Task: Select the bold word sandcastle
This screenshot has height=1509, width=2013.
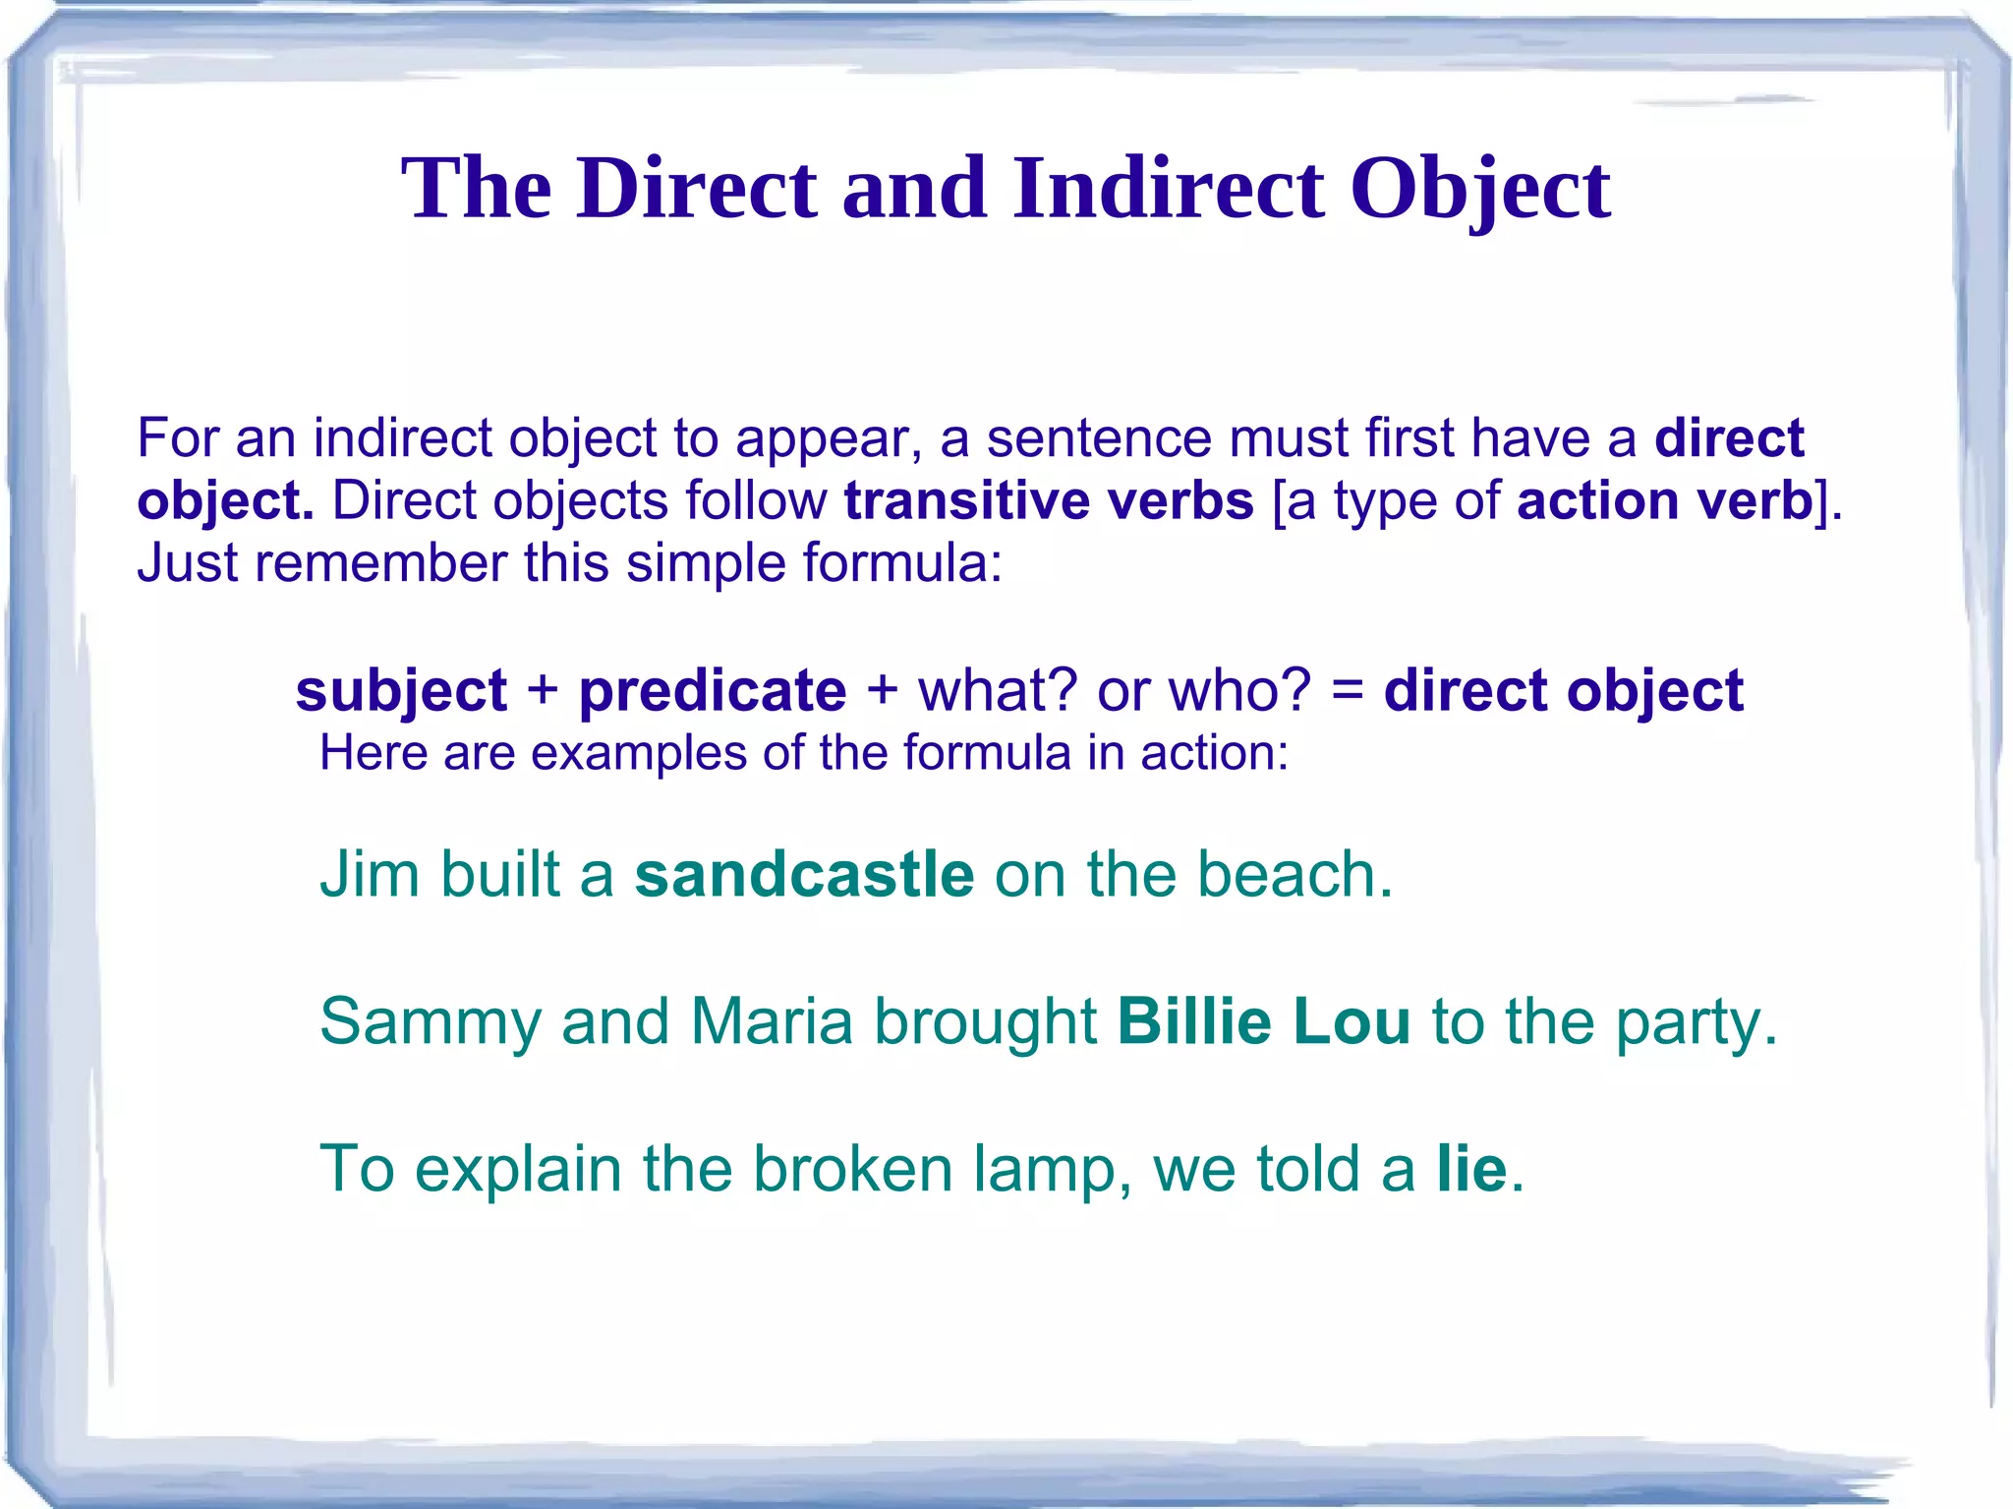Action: pyautogui.click(x=804, y=874)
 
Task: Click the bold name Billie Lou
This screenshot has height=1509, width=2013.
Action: pyautogui.click(x=1264, y=1021)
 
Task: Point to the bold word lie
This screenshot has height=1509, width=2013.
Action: pyautogui.click(x=1471, y=1169)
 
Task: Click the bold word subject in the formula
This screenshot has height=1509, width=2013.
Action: pyautogui.click(x=401, y=690)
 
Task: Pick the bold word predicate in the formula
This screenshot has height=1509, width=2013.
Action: pyautogui.click(x=713, y=690)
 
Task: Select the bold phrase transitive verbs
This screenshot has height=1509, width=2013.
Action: pyautogui.click(x=1049, y=500)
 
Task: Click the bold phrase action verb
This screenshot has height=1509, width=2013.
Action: pyautogui.click(x=1664, y=500)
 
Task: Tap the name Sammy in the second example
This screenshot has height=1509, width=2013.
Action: pyautogui.click(x=431, y=1021)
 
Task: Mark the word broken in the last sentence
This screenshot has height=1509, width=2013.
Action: pyautogui.click(x=853, y=1169)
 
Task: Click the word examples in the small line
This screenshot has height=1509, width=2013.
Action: pyautogui.click(x=639, y=753)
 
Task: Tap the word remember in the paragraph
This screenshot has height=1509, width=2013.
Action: pyautogui.click(x=379, y=563)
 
